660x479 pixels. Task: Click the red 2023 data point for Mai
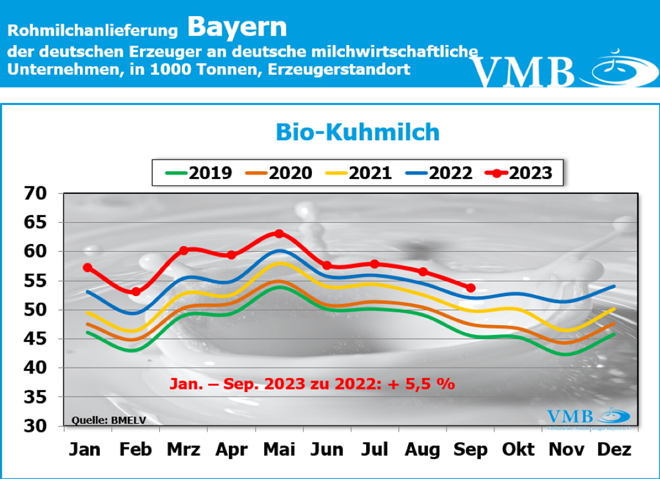(x=279, y=233)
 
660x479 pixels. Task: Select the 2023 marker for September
(x=470, y=288)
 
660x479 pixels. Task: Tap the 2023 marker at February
(x=136, y=291)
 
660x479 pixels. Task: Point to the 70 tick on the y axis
(x=35, y=193)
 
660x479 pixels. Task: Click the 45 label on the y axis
(x=35, y=338)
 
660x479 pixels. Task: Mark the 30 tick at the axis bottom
(x=35, y=425)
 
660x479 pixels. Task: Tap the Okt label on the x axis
(x=518, y=449)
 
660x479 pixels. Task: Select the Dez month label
(x=614, y=449)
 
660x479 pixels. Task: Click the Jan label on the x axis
(x=84, y=449)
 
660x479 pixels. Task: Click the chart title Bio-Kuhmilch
(x=358, y=132)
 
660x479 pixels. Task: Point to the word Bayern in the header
(x=237, y=27)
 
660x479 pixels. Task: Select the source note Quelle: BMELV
(x=109, y=420)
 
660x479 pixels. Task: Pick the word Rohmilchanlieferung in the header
(x=92, y=30)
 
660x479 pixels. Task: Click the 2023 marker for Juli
(x=374, y=264)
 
